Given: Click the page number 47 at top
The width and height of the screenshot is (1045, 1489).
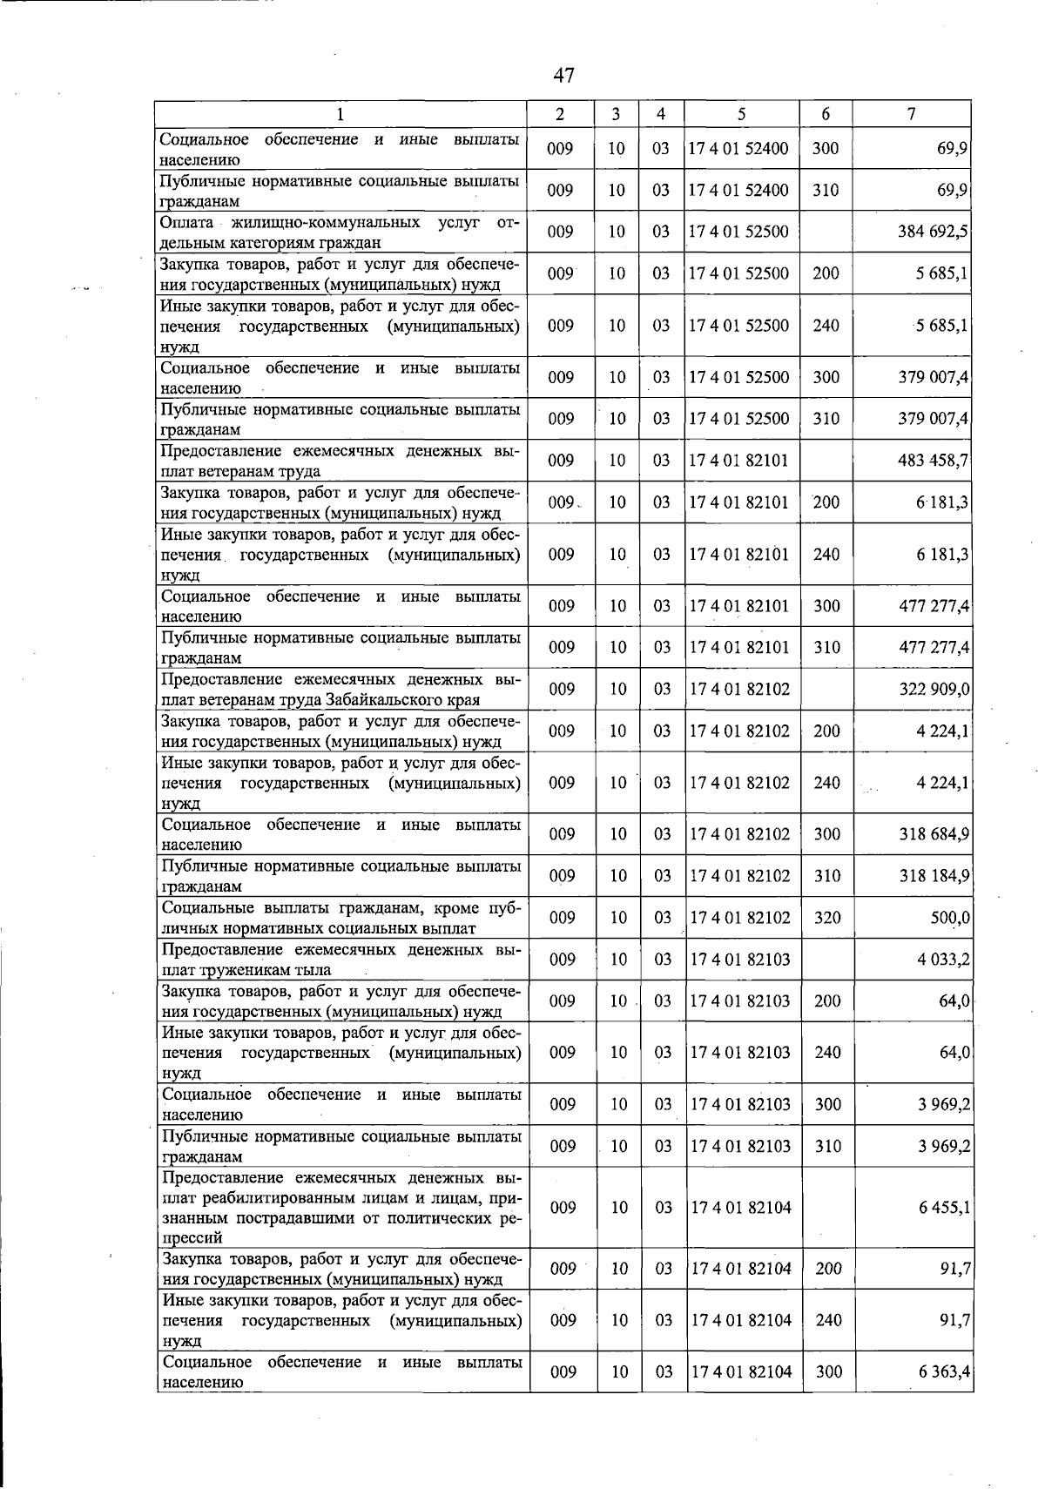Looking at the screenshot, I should (x=563, y=76).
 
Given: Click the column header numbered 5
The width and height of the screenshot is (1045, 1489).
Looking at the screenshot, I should (x=740, y=114).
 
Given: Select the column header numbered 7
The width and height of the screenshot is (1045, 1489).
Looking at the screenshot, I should (x=910, y=114).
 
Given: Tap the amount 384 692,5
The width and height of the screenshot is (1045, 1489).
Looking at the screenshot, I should (x=934, y=232).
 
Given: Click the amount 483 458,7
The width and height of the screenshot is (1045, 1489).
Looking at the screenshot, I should (x=934, y=461).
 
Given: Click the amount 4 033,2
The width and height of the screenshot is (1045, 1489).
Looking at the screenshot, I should (x=943, y=960).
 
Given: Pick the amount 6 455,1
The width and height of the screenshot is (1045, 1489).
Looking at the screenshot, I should (x=944, y=1208).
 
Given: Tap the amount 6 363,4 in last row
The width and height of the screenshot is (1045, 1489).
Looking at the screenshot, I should (x=944, y=1372).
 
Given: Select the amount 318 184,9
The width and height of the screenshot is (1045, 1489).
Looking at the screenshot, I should (x=934, y=876).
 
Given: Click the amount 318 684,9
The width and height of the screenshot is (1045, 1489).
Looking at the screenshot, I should (x=934, y=834).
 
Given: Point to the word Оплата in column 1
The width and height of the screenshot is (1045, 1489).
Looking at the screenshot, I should (x=188, y=223).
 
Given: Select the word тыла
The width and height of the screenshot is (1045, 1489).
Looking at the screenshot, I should (x=311, y=969).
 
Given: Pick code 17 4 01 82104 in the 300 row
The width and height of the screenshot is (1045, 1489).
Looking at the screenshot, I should (x=740, y=1372).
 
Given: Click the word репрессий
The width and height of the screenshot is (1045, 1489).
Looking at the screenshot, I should (x=192, y=1237).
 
